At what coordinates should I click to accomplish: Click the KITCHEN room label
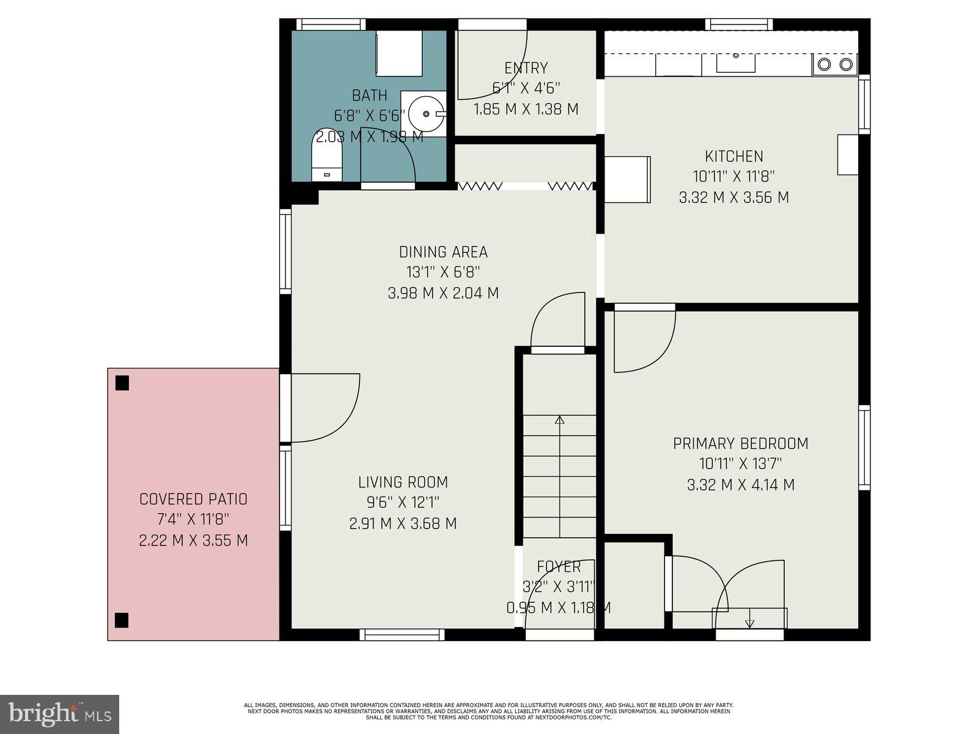(x=733, y=156)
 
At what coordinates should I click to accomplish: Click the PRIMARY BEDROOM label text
(x=740, y=443)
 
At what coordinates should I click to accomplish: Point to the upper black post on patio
(x=122, y=383)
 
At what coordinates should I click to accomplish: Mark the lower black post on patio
(x=122, y=620)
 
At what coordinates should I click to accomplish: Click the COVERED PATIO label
(x=193, y=499)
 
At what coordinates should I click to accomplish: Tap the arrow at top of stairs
(x=559, y=420)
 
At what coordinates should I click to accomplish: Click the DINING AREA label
(x=443, y=252)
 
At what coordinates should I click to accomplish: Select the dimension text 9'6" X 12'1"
(x=403, y=503)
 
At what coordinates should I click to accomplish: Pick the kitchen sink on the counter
(x=736, y=62)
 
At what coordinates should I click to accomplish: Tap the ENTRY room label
(x=526, y=68)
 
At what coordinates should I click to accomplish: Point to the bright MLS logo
(x=60, y=714)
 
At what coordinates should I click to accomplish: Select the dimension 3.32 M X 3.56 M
(x=733, y=198)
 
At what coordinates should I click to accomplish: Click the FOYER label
(x=559, y=566)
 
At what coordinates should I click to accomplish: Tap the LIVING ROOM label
(x=403, y=482)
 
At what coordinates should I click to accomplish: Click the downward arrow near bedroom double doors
(x=750, y=623)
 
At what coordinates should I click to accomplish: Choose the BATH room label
(x=369, y=95)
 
